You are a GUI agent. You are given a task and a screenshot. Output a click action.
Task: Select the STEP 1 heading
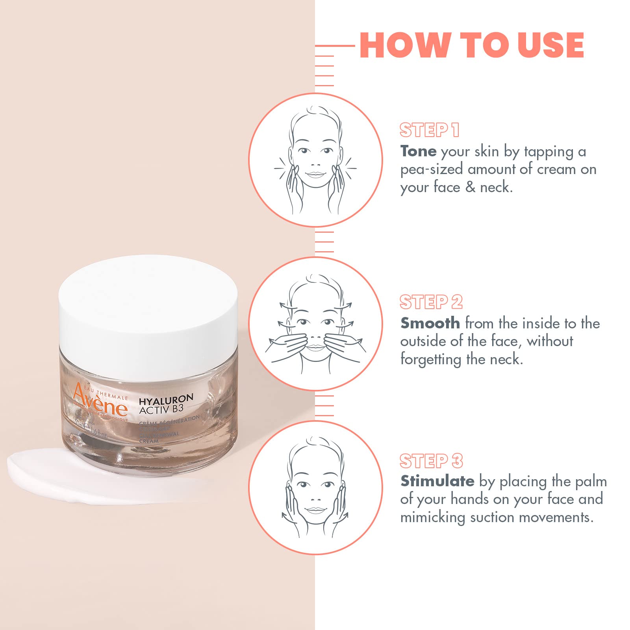[x=429, y=130]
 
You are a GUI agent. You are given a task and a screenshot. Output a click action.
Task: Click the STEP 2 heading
[x=431, y=302]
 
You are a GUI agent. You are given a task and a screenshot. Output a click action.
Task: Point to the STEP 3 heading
[x=431, y=461]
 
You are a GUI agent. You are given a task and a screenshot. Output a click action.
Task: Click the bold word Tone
[x=418, y=151]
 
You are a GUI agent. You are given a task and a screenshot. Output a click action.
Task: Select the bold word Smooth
[x=430, y=323]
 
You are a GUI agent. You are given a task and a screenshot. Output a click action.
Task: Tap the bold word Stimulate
[x=437, y=481]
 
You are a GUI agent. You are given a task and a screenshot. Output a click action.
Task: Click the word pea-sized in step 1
[x=431, y=170]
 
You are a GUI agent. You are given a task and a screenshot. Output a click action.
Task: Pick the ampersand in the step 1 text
[x=470, y=187]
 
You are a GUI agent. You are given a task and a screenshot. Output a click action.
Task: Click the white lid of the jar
[x=148, y=311]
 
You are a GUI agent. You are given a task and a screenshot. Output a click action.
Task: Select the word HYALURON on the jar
[x=166, y=399]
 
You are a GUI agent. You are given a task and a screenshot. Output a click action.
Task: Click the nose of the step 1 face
[x=315, y=165]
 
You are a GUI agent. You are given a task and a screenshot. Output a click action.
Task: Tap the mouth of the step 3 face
[x=315, y=510]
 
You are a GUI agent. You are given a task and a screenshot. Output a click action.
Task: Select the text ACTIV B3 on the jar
[x=161, y=409]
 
